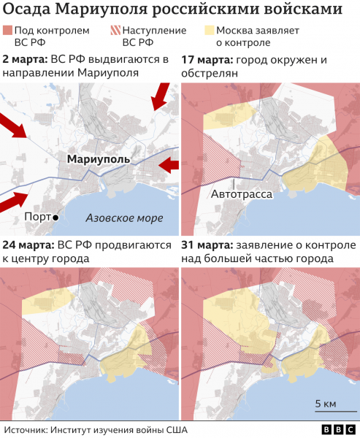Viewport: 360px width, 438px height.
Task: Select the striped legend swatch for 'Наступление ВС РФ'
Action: [115, 31]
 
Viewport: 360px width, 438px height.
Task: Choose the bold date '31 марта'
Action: [207, 245]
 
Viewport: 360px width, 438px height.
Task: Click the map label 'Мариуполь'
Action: [98, 158]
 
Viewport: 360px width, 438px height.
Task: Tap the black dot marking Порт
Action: [55, 218]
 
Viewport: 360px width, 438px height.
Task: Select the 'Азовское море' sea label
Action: [124, 218]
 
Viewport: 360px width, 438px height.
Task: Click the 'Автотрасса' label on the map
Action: [242, 195]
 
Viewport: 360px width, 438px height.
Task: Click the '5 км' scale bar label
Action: [325, 404]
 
